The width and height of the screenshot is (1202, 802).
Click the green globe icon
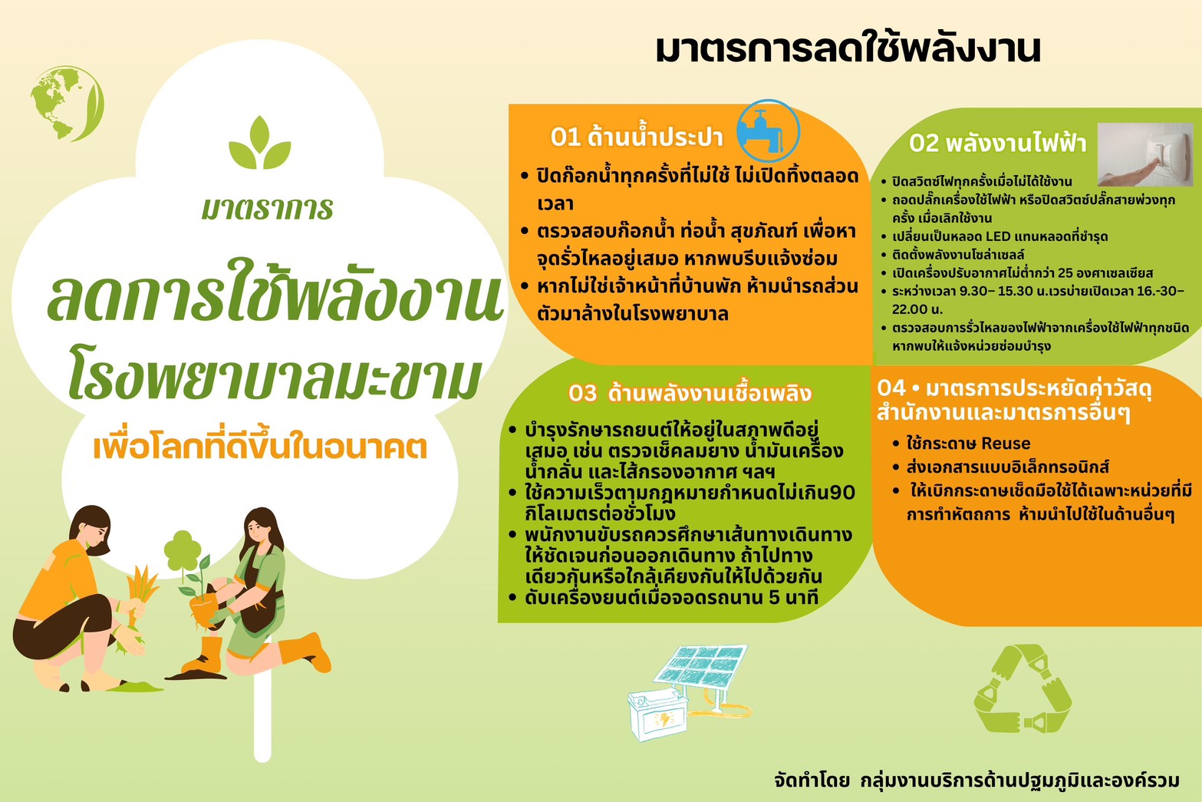pos(68,104)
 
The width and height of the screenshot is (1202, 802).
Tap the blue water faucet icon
pos(768,131)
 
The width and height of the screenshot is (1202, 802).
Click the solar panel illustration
pos(700,667)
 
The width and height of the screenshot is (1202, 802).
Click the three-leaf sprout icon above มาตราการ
pos(260,143)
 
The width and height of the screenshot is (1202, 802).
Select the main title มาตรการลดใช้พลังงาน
pos(848,48)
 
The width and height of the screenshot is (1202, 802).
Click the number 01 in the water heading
pos(565,137)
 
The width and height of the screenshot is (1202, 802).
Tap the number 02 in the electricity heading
pos(924,144)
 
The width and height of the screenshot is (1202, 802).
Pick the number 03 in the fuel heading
pos(583,394)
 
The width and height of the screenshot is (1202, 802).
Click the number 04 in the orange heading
pos(891,388)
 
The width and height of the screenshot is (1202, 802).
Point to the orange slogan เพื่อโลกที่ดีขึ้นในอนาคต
pos(260,447)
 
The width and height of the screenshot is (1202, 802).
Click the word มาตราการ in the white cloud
pos(267,209)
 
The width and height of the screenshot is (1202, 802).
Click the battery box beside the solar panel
pos(658,714)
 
